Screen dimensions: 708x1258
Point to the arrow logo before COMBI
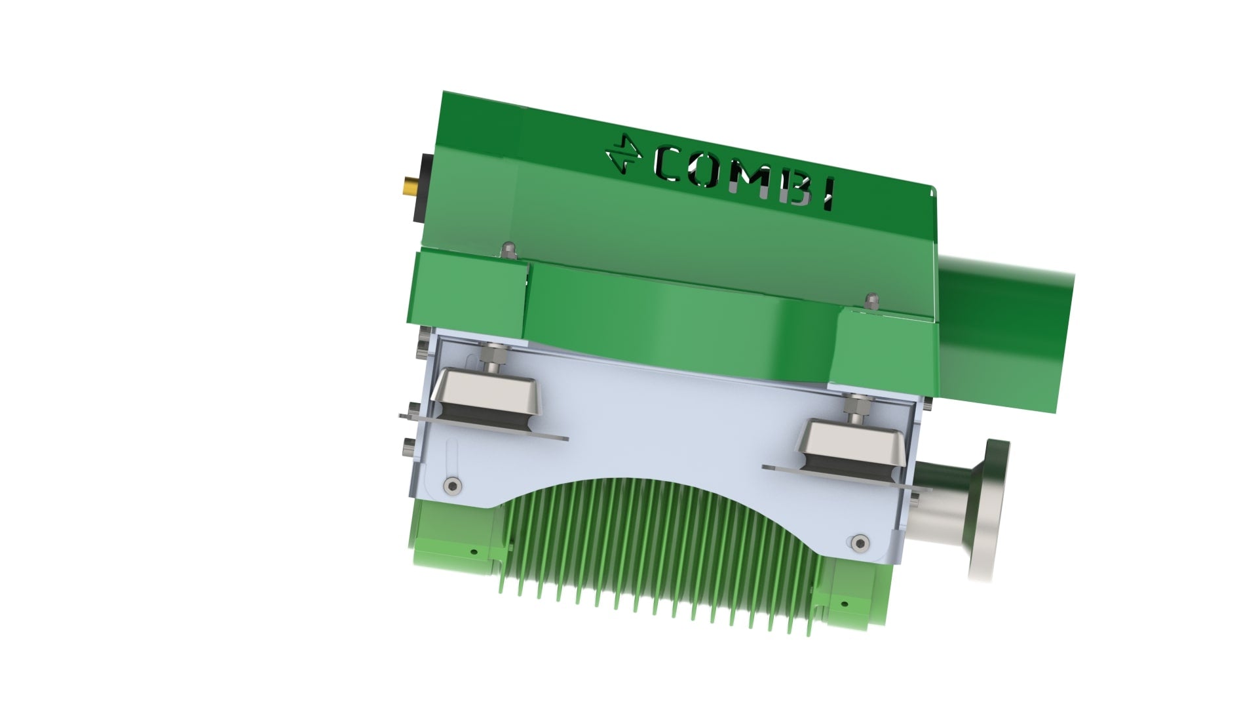click(x=623, y=155)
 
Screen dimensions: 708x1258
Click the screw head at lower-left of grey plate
click(x=452, y=486)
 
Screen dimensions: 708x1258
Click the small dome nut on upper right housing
click(x=871, y=300)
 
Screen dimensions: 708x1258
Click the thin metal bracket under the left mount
click(x=485, y=427)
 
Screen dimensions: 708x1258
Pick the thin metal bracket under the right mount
click(x=845, y=477)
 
